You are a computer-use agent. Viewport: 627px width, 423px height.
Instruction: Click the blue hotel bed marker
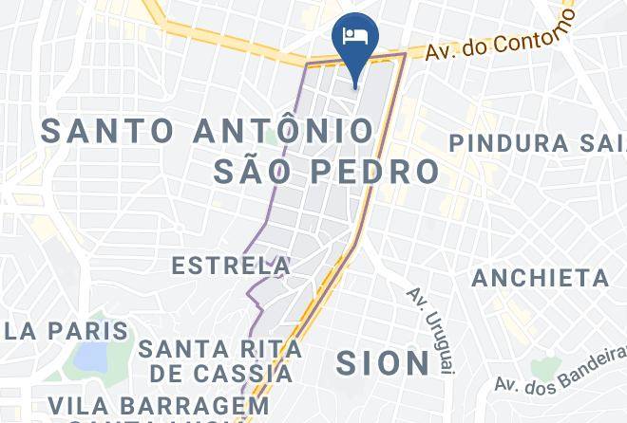pos(354,38)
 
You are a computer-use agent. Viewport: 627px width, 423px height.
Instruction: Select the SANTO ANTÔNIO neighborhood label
pos(206,131)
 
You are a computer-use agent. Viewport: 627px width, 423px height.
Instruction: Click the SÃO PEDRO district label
pos(326,172)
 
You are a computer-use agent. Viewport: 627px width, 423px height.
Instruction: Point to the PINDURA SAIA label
pos(538,143)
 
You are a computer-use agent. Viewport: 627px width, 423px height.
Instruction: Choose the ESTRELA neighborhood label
pos(231,266)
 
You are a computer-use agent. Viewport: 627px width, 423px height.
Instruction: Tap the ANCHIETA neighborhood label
pos(540,278)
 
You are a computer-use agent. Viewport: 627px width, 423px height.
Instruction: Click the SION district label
pos(384,362)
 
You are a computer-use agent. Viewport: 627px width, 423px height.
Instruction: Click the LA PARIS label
pos(65,331)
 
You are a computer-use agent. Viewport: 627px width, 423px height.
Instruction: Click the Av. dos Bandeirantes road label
pos(560,370)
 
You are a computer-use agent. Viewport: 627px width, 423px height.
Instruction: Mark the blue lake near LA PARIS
pos(91,357)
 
